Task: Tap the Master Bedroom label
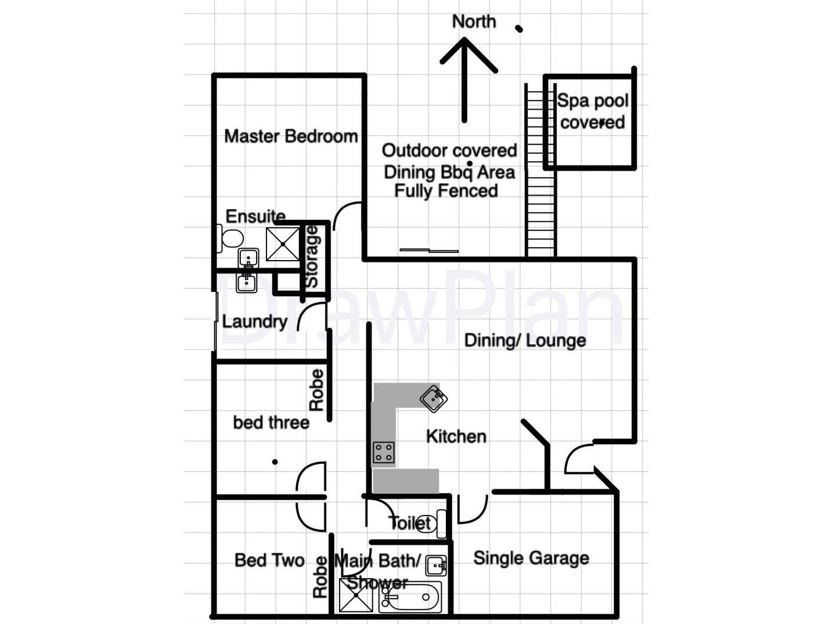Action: (291, 136)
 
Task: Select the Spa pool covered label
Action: (592, 111)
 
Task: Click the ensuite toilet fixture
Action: (231, 239)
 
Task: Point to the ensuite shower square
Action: (283, 244)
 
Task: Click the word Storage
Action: (312, 257)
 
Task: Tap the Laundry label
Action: (254, 322)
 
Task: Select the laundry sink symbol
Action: (246, 283)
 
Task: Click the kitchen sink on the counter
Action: (433, 398)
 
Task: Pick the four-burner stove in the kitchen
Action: (383, 452)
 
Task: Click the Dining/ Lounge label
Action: (525, 340)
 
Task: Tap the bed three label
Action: (271, 423)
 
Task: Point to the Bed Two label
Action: (269, 560)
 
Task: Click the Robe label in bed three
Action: (316, 390)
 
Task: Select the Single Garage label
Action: (531, 558)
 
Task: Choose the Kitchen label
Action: (456, 437)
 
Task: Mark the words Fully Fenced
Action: (446, 191)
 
